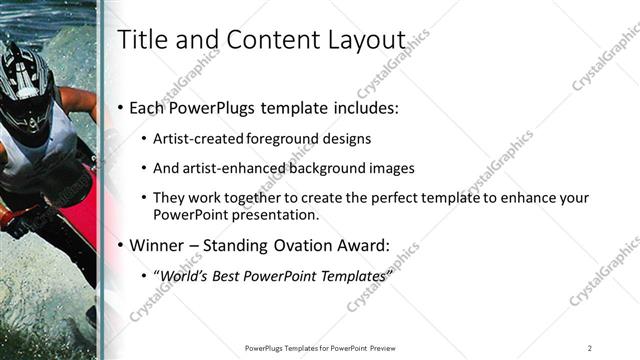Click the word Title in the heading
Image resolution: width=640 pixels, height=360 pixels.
point(141,40)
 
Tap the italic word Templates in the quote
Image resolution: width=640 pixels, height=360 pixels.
point(349,276)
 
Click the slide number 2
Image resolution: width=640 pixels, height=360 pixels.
point(589,347)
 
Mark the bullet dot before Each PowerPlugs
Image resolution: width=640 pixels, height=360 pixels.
point(122,107)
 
